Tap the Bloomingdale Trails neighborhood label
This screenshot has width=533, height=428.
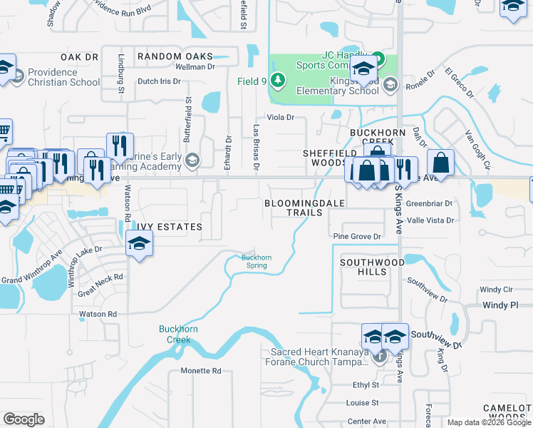tap(304, 208)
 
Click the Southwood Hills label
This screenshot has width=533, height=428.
tap(372, 267)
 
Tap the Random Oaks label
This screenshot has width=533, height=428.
tap(175, 56)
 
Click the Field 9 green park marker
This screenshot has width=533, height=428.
tap(279, 81)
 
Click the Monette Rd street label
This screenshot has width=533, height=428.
tap(201, 371)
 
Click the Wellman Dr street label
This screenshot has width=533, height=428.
tap(195, 66)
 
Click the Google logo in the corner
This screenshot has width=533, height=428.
tap(24, 419)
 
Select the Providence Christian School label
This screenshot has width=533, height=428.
tap(64, 77)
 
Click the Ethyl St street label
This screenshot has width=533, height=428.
tap(364, 384)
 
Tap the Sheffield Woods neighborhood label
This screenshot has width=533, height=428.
tap(330, 158)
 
